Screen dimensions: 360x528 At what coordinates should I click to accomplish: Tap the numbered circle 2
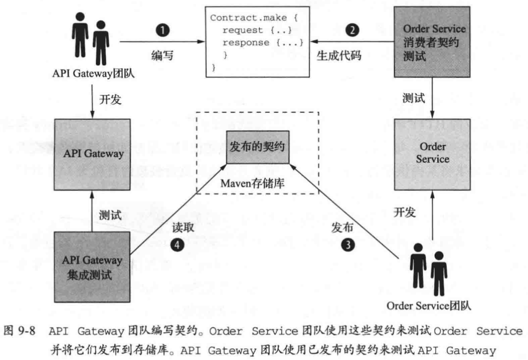tap(352, 30)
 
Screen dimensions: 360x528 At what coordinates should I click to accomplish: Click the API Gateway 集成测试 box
tap(92, 267)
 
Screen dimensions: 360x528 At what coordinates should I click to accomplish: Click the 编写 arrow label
tap(162, 55)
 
